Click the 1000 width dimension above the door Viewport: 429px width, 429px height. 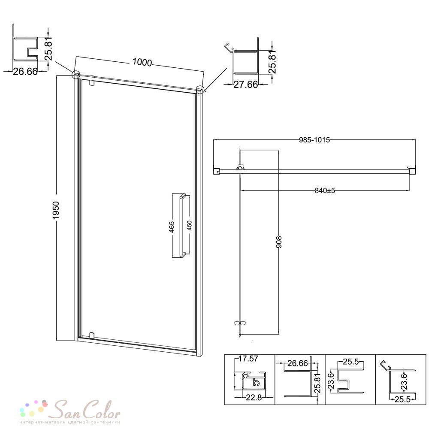(x=142, y=62)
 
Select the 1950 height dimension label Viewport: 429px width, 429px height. (x=56, y=210)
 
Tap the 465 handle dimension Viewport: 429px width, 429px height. (x=172, y=227)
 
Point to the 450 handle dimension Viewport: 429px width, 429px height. (x=189, y=226)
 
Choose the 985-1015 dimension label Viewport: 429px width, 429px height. (x=314, y=140)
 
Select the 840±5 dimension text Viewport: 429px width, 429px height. (x=325, y=190)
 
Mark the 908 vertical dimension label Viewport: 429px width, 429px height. (x=279, y=242)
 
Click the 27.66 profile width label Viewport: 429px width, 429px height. (x=245, y=85)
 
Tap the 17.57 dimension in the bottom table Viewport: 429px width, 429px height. (x=248, y=358)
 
